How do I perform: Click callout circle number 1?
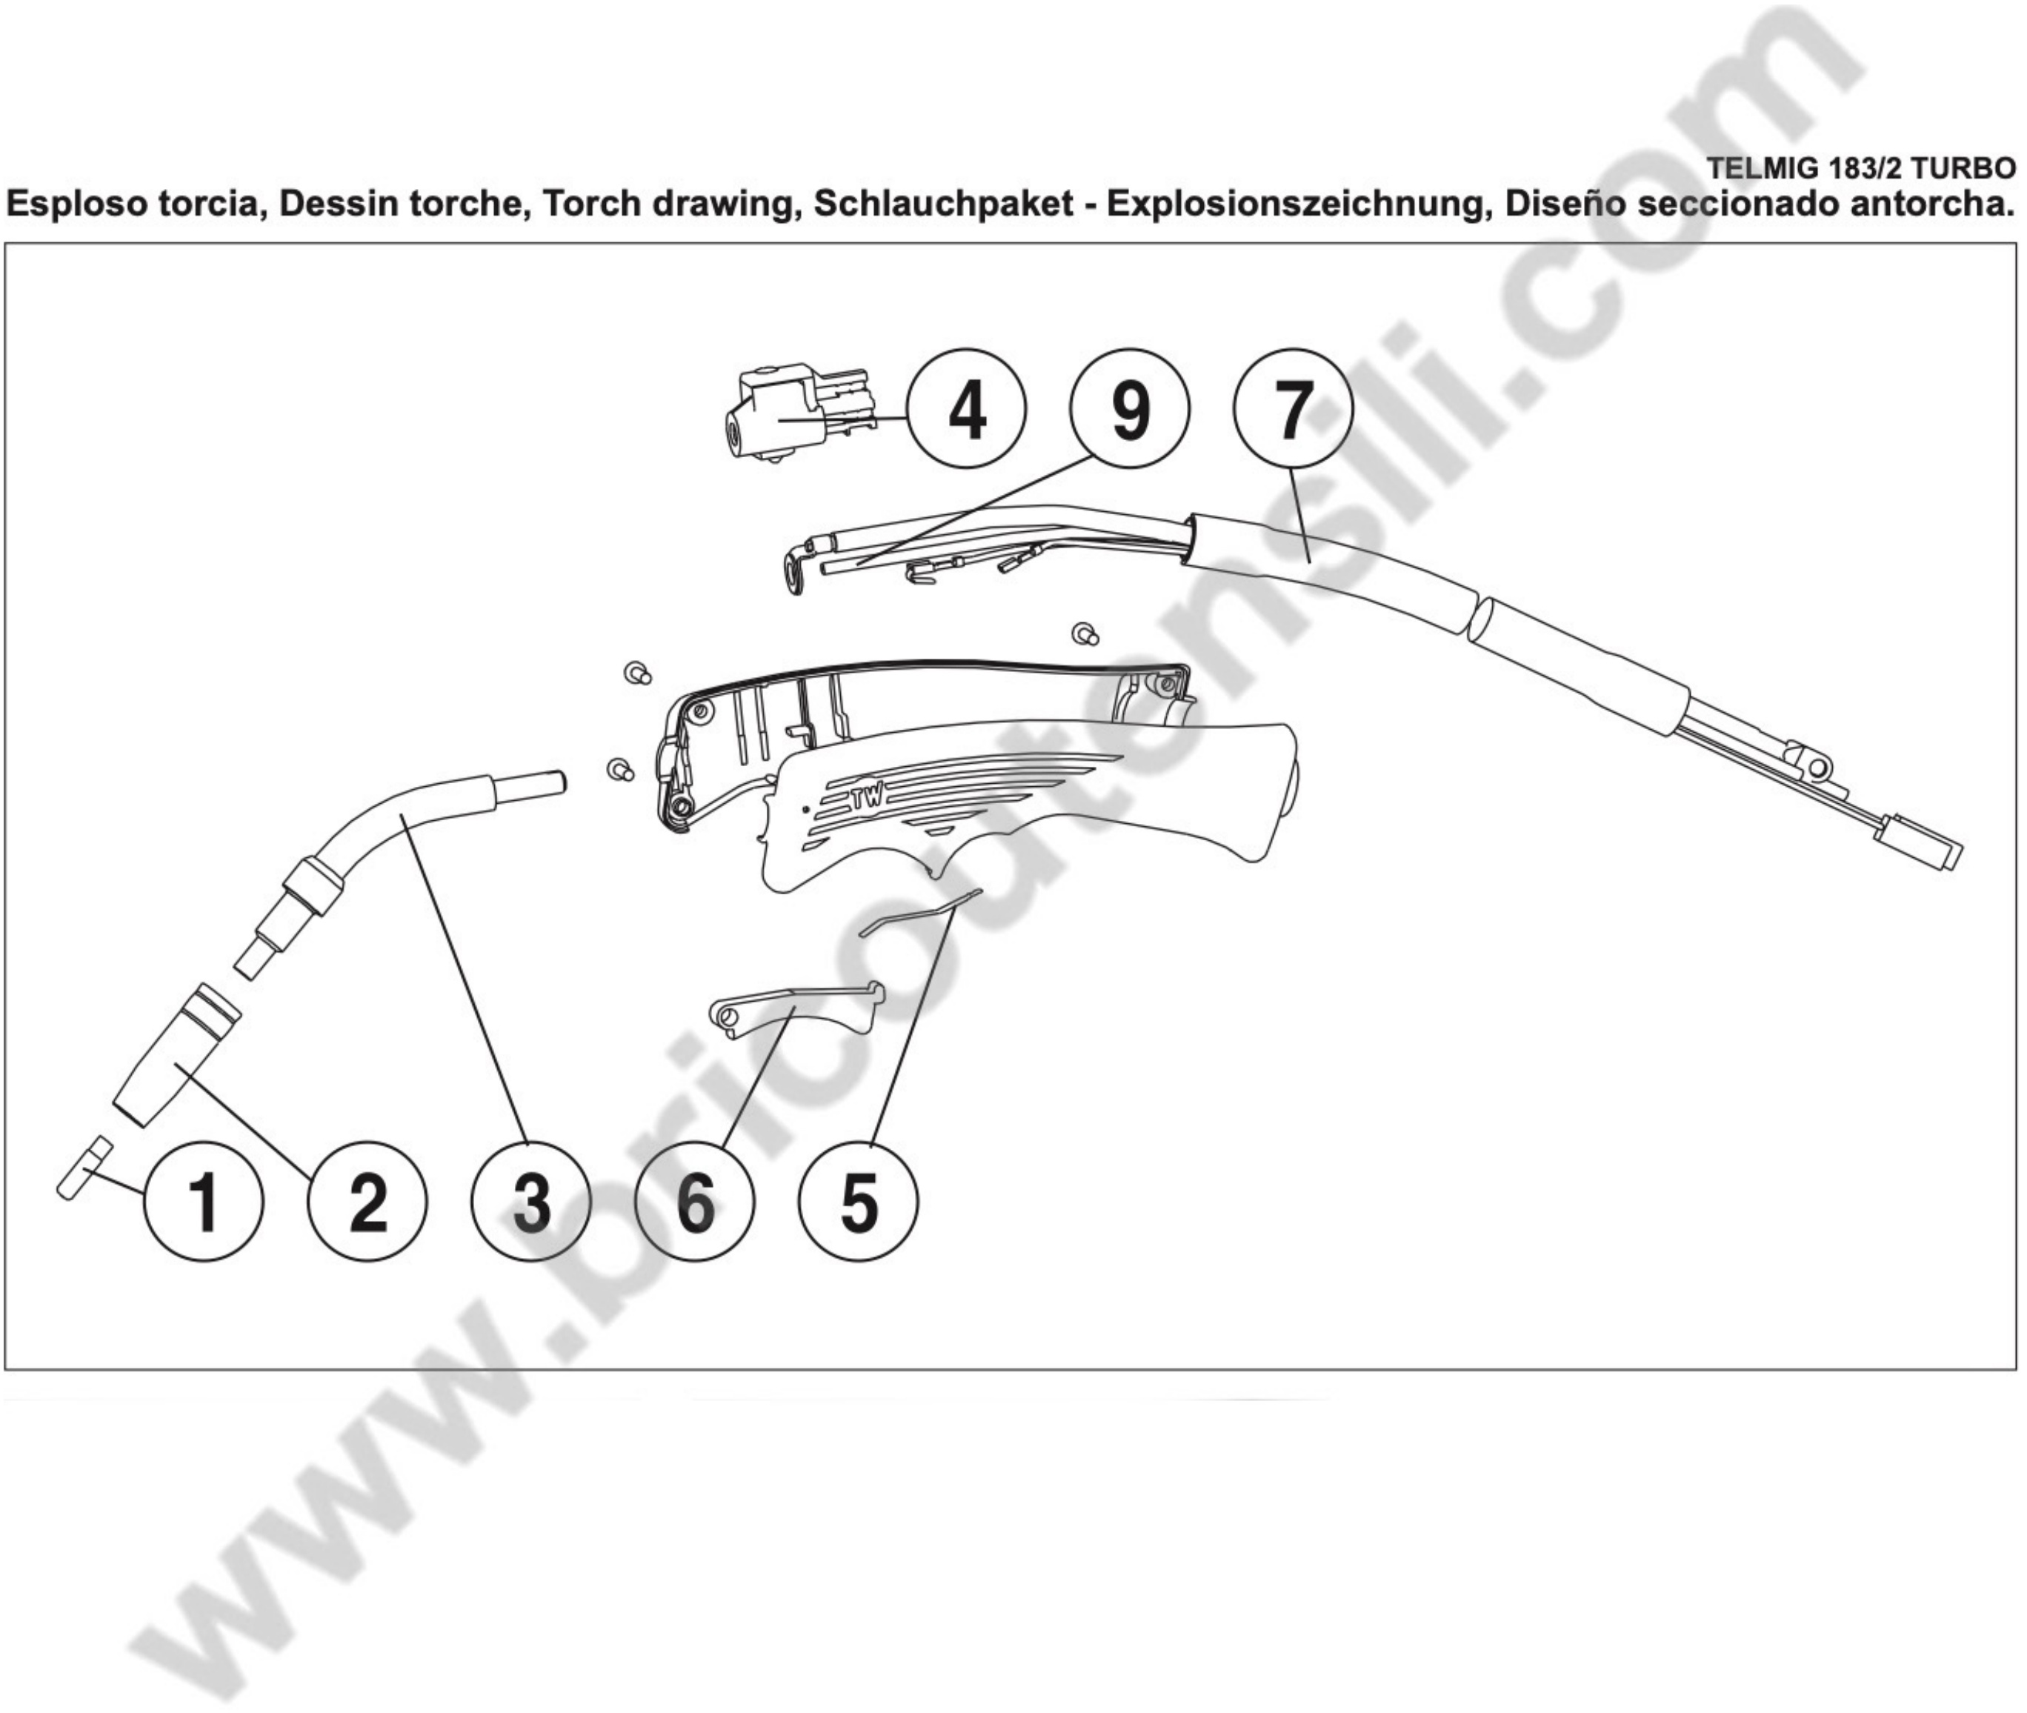pyautogui.click(x=204, y=1203)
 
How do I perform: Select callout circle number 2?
pyautogui.click(x=367, y=1203)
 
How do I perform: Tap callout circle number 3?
pyautogui.click(x=531, y=1203)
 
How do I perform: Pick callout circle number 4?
pyautogui.click(x=966, y=409)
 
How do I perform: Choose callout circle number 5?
pyautogui.click(x=858, y=1203)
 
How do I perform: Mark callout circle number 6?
pyautogui.click(x=695, y=1203)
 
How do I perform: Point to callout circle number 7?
pyautogui.click(x=1292, y=409)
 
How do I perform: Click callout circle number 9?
pyautogui.click(x=1129, y=409)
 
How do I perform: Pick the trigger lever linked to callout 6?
pyautogui.click(x=796, y=1010)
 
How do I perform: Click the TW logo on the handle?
pyautogui.click(x=867, y=799)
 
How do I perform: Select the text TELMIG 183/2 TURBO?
pyautogui.click(x=1860, y=169)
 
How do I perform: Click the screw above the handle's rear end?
pyautogui.click(x=1085, y=634)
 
